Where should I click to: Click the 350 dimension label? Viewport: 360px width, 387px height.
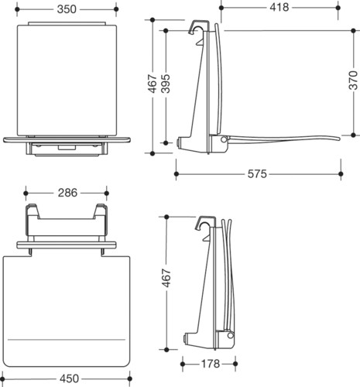click(67, 9)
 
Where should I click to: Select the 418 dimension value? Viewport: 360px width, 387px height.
click(279, 8)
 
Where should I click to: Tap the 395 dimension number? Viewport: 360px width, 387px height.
click(166, 84)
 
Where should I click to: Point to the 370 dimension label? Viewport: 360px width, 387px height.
click(353, 80)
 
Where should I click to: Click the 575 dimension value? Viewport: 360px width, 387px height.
click(257, 174)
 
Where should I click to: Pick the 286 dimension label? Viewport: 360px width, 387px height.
click(67, 193)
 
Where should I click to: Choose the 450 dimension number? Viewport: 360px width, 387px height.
click(69, 378)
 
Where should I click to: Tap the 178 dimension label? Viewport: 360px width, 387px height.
click(211, 364)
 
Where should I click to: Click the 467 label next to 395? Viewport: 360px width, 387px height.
click(153, 84)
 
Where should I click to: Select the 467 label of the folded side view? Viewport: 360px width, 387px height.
click(166, 278)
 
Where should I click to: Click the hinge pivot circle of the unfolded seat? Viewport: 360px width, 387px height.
click(224, 139)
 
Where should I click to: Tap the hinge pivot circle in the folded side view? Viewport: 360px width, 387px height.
click(230, 335)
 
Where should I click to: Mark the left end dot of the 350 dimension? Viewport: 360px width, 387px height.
click(17, 9)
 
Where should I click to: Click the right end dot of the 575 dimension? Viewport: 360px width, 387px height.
click(341, 174)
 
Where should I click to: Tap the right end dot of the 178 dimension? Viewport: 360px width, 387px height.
click(235, 364)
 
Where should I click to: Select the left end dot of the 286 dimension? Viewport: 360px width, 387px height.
click(26, 193)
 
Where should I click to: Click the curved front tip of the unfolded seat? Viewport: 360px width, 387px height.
click(338, 139)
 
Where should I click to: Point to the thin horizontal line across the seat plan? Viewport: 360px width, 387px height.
click(67, 340)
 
